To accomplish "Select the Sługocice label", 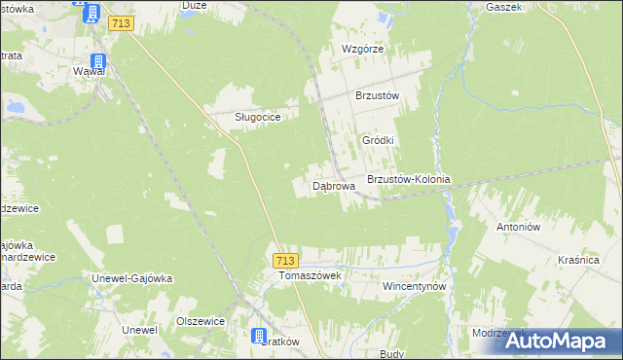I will (x=258, y=117).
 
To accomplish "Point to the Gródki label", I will (x=378, y=140).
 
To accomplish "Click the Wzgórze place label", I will (x=363, y=49).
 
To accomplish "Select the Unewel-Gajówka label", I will (x=131, y=278).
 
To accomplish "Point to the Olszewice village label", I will (x=201, y=321).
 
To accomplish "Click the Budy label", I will (x=391, y=354).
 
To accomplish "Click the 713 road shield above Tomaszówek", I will (x=285, y=260).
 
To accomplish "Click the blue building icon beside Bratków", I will (x=259, y=337).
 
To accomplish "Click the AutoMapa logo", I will (x=559, y=340).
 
